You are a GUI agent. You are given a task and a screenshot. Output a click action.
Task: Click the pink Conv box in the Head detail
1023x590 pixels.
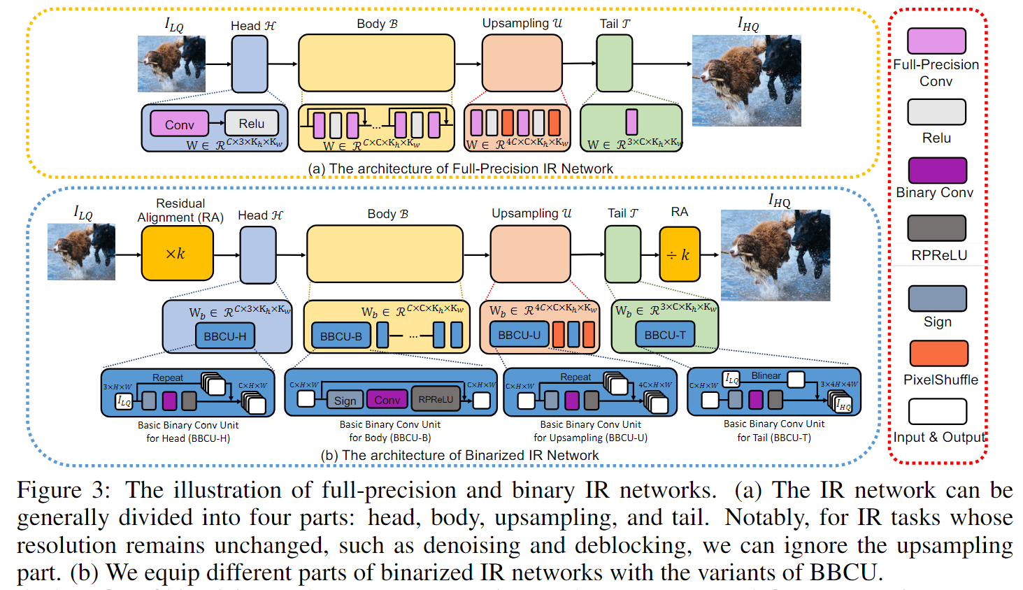tap(179, 124)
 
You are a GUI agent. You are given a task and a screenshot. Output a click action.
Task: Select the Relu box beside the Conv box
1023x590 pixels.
tap(252, 123)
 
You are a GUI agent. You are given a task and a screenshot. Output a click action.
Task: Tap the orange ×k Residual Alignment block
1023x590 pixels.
tap(177, 254)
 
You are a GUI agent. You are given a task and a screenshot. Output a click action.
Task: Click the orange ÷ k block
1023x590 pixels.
tap(679, 254)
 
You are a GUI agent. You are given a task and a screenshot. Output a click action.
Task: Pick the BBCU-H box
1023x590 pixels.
tap(224, 336)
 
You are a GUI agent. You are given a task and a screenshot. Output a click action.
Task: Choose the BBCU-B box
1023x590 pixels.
tap(341, 336)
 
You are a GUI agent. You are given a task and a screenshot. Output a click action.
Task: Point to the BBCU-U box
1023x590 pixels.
tap(519, 335)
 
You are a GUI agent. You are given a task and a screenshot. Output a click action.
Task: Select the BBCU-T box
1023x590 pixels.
tap(665, 335)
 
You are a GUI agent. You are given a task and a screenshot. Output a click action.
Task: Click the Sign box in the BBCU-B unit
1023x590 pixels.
tap(345, 400)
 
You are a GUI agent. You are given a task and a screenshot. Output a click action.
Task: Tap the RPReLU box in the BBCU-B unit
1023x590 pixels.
tap(436, 399)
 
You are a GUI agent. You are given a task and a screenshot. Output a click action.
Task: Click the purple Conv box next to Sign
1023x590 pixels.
tap(387, 400)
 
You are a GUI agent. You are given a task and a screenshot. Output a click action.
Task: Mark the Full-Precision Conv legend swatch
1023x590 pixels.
tap(936, 41)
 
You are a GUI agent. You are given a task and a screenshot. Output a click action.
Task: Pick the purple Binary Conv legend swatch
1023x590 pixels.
tap(937, 171)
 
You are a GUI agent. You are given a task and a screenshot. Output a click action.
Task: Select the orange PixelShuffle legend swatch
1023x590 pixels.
tap(938, 354)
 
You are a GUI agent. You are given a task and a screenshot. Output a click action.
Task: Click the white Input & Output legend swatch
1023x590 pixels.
tap(937, 412)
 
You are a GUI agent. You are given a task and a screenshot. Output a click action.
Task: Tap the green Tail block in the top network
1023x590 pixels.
tap(614, 64)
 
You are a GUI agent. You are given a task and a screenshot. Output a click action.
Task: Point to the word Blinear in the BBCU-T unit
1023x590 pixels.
tap(766, 376)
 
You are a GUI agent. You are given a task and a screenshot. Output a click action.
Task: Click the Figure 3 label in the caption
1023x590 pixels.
tap(63, 491)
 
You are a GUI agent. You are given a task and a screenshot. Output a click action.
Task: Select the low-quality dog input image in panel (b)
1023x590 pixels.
tap(81, 252)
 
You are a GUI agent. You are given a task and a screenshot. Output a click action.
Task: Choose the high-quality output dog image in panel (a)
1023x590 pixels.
tap(746, 80)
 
